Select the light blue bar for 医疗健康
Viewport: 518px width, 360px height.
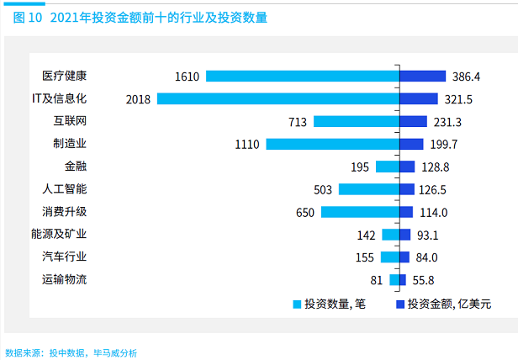click(x=302, y=77)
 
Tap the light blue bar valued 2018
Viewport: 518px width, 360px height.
click(x=277, y=99)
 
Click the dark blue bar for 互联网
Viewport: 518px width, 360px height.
click(x=413, y=122)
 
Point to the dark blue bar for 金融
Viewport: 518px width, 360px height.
click(x=407, y=167)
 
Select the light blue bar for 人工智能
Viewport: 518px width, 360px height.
click(x=368, y=189)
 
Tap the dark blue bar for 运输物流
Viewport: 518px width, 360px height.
click(x=403, y=280)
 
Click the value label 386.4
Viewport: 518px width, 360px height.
click(x=465, y=77)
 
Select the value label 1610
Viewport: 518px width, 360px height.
click(x=187, y=77)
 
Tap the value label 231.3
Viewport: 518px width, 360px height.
click(x=447, y=122)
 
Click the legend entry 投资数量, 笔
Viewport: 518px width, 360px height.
click(x=326, y=304)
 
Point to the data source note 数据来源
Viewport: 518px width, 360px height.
click(x=71, y=352)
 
